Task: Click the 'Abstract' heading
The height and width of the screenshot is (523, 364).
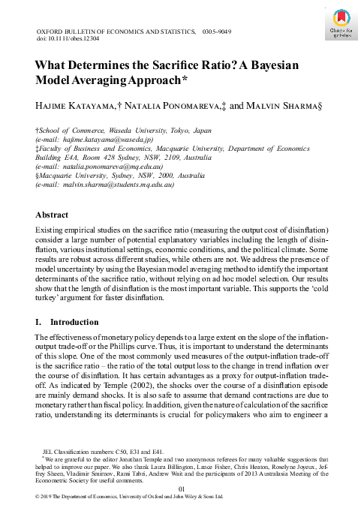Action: pyautogui.click(x=53, y=214)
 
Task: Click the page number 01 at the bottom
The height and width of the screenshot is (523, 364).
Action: pyautogui.click(x=182, y=489)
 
